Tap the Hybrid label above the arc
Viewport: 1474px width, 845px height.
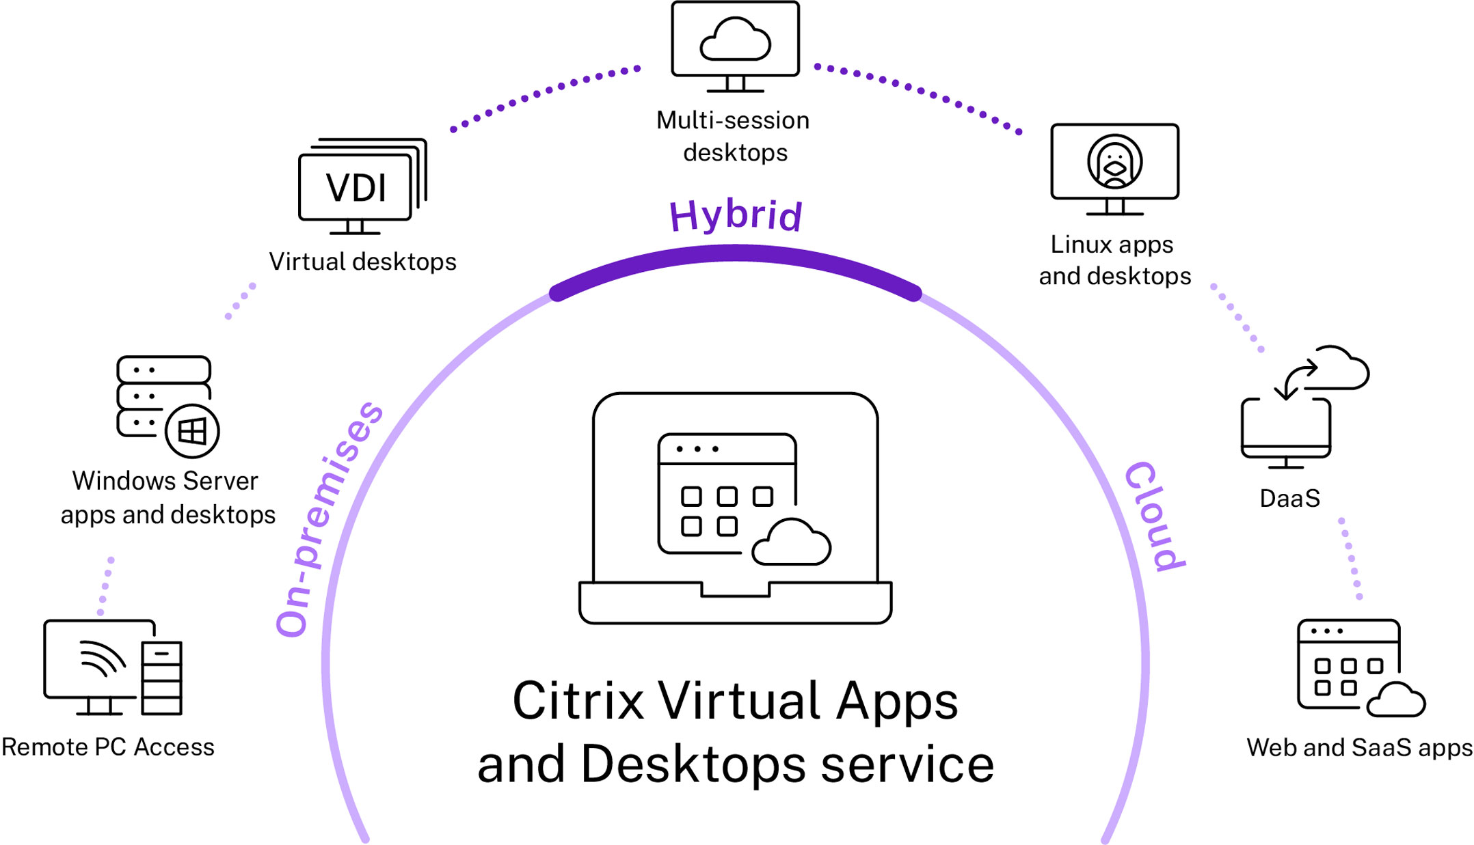736,215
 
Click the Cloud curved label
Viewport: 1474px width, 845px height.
1155,516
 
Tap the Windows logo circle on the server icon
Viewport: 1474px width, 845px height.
192,431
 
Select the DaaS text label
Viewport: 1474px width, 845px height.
1289,499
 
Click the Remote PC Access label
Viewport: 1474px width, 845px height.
108,747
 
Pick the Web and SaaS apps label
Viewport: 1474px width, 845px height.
1359,747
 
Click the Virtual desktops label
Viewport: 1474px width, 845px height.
362,262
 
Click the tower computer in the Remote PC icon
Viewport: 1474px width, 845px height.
162,678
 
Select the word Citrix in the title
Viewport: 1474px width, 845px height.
578,702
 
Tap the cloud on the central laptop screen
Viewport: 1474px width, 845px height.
792,542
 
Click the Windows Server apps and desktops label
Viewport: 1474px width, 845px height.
167,497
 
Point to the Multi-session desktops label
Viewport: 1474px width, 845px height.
734,136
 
